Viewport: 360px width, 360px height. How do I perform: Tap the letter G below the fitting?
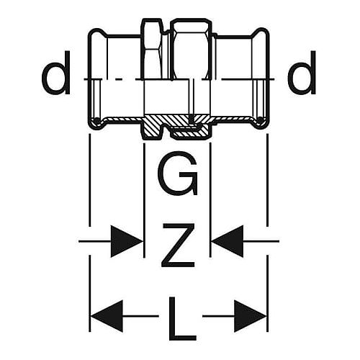click(178, 174)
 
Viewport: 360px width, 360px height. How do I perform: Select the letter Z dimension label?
click(178, 245)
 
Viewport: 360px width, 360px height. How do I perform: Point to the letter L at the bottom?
click(182, 319)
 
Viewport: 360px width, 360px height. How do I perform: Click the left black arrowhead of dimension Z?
click(126, 241)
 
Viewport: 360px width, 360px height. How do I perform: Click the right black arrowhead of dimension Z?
click(228, 241)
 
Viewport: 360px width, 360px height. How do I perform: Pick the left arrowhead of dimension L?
click(107, 316)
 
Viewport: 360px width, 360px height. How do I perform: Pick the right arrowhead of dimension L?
click(251, 316)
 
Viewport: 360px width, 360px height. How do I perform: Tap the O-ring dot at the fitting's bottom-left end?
click(96, 120)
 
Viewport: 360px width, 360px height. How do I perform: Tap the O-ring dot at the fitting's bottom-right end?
click(261, 120)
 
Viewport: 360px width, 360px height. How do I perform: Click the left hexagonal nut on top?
click(153, 49)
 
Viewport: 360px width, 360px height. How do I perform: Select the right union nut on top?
click(191, 49)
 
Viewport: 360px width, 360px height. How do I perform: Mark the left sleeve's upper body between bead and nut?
click(124, 57)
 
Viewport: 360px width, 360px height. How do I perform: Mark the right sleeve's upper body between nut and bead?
click(234, 57)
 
